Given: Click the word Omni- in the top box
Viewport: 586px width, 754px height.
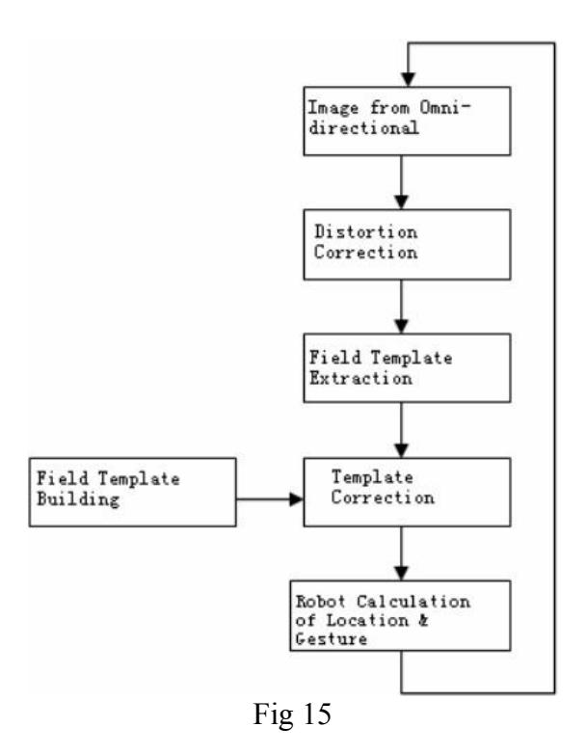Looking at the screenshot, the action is (x=445, y=107).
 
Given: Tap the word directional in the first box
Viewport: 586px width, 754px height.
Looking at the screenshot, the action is (x=364, y=128).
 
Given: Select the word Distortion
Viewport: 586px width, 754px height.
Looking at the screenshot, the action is (x=366, y=231).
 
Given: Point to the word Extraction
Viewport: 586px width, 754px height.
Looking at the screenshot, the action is (x=360, y=378).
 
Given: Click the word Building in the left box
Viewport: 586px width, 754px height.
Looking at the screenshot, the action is (x=78, y=499).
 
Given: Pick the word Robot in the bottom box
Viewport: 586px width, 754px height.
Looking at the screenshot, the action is (x=320, y=601).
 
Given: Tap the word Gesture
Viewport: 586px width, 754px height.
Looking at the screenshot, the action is (x=332, y=639).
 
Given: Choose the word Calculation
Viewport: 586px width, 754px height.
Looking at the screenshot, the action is (x=413, y=601).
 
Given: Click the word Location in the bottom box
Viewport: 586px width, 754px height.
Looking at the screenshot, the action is (x=368, y=620).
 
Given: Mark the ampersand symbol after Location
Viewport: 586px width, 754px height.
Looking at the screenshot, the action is (x=423, y=620).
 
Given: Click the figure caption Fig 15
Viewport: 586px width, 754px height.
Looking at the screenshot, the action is (x=292, y=714).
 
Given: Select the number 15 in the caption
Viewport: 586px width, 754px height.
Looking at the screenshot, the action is (x=317, y=714).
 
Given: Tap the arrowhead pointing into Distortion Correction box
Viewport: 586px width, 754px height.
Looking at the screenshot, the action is (x=401, y=202).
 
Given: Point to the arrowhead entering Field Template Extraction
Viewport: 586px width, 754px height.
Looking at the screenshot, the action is (x=401, y=326).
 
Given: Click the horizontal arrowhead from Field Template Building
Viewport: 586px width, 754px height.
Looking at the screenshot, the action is (x=296, y=499).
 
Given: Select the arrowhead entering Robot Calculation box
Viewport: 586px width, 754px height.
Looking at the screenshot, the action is (x=401, y=573).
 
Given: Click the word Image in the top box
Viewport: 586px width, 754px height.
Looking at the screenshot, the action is (x=333, y=107).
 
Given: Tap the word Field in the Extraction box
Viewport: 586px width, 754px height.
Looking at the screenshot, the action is (x=335, y=358).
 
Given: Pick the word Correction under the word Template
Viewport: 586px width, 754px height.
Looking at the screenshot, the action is (x=383, y=498).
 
